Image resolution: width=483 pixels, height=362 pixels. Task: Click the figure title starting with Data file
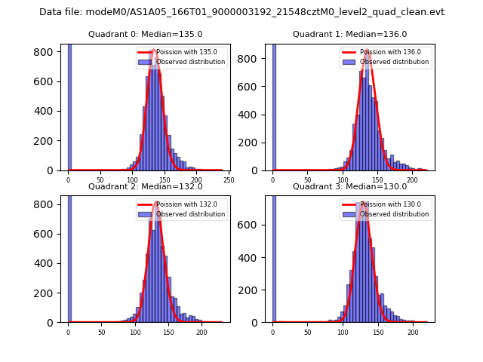(x=241, y=12)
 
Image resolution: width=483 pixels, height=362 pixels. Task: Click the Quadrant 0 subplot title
(x=145, y=34)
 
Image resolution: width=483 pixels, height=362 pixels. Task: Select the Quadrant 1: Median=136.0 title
(x=349, y=34)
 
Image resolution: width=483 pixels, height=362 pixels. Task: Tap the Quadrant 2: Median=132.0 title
(x=145, y=186)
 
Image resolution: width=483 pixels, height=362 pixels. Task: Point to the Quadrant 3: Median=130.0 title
(x=349, y=186)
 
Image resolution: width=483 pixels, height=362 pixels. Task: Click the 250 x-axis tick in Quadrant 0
(x=229, y=180)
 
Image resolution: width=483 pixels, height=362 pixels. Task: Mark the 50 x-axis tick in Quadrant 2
(x=101, y=332)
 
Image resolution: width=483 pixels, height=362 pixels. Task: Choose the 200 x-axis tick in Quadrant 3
(x=413, y=332)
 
